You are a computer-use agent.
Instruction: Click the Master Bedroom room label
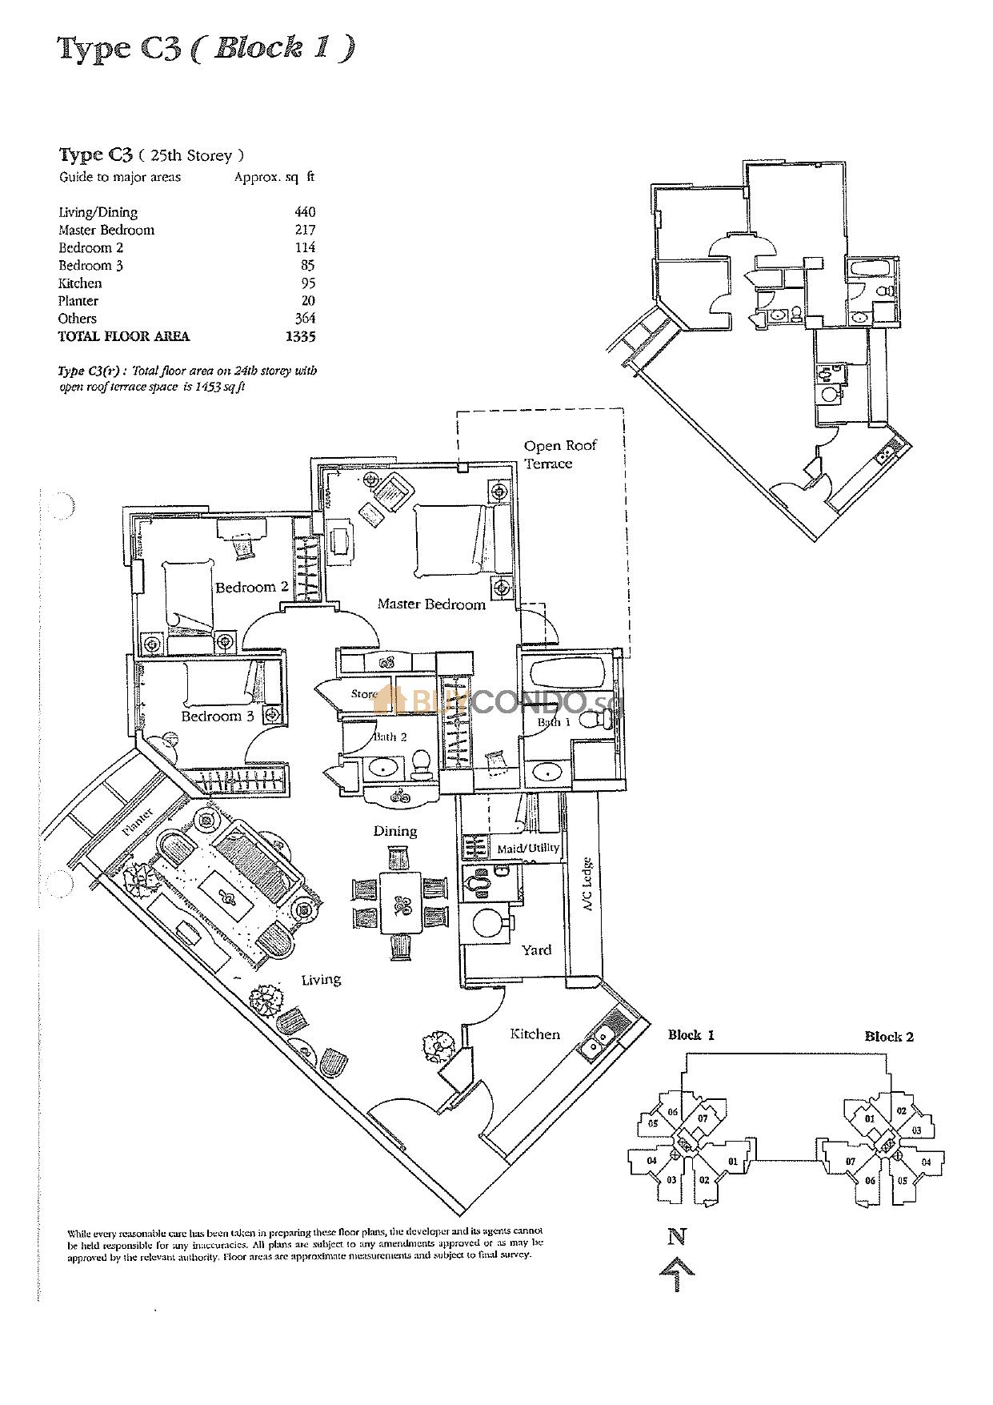pyautogui.click(x=431, y=604)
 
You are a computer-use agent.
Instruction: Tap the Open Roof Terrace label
pyautogui.click(x=559, y=454)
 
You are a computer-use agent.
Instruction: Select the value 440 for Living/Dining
pyautogui.click(x=304, y=212)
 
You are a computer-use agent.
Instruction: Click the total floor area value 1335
pyautogui.click(x=300, y=336)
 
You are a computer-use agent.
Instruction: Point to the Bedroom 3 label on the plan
pyautogui.click(x=217, y=716)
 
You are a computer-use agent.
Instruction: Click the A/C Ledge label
pyautogui.click(x=587, y=885)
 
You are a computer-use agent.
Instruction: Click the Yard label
pyautogui.click(x=535, y=949)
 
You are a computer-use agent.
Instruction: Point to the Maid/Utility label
pyautogui.click(x=527, y=848)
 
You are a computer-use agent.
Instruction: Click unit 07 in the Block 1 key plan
pyautogui.click(x=702, y=1118)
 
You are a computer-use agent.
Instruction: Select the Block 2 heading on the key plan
pyautogui.click(x=888, y=1036)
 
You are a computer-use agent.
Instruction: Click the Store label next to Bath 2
pyautogui.click(x=363, y=693)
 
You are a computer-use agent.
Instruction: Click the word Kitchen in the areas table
pyautogui.click(x=80, y=283)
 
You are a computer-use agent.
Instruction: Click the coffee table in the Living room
pyautogui.click(x=229, y=900)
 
